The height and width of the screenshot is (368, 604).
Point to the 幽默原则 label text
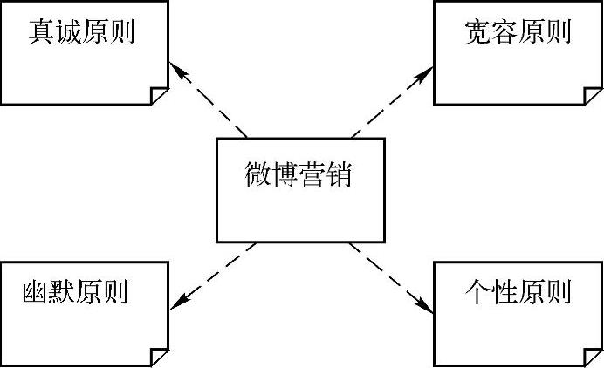pos(75,291)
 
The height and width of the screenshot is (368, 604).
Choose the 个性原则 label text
pos(518,291)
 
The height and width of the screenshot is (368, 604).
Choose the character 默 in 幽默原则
pos(62,291)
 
